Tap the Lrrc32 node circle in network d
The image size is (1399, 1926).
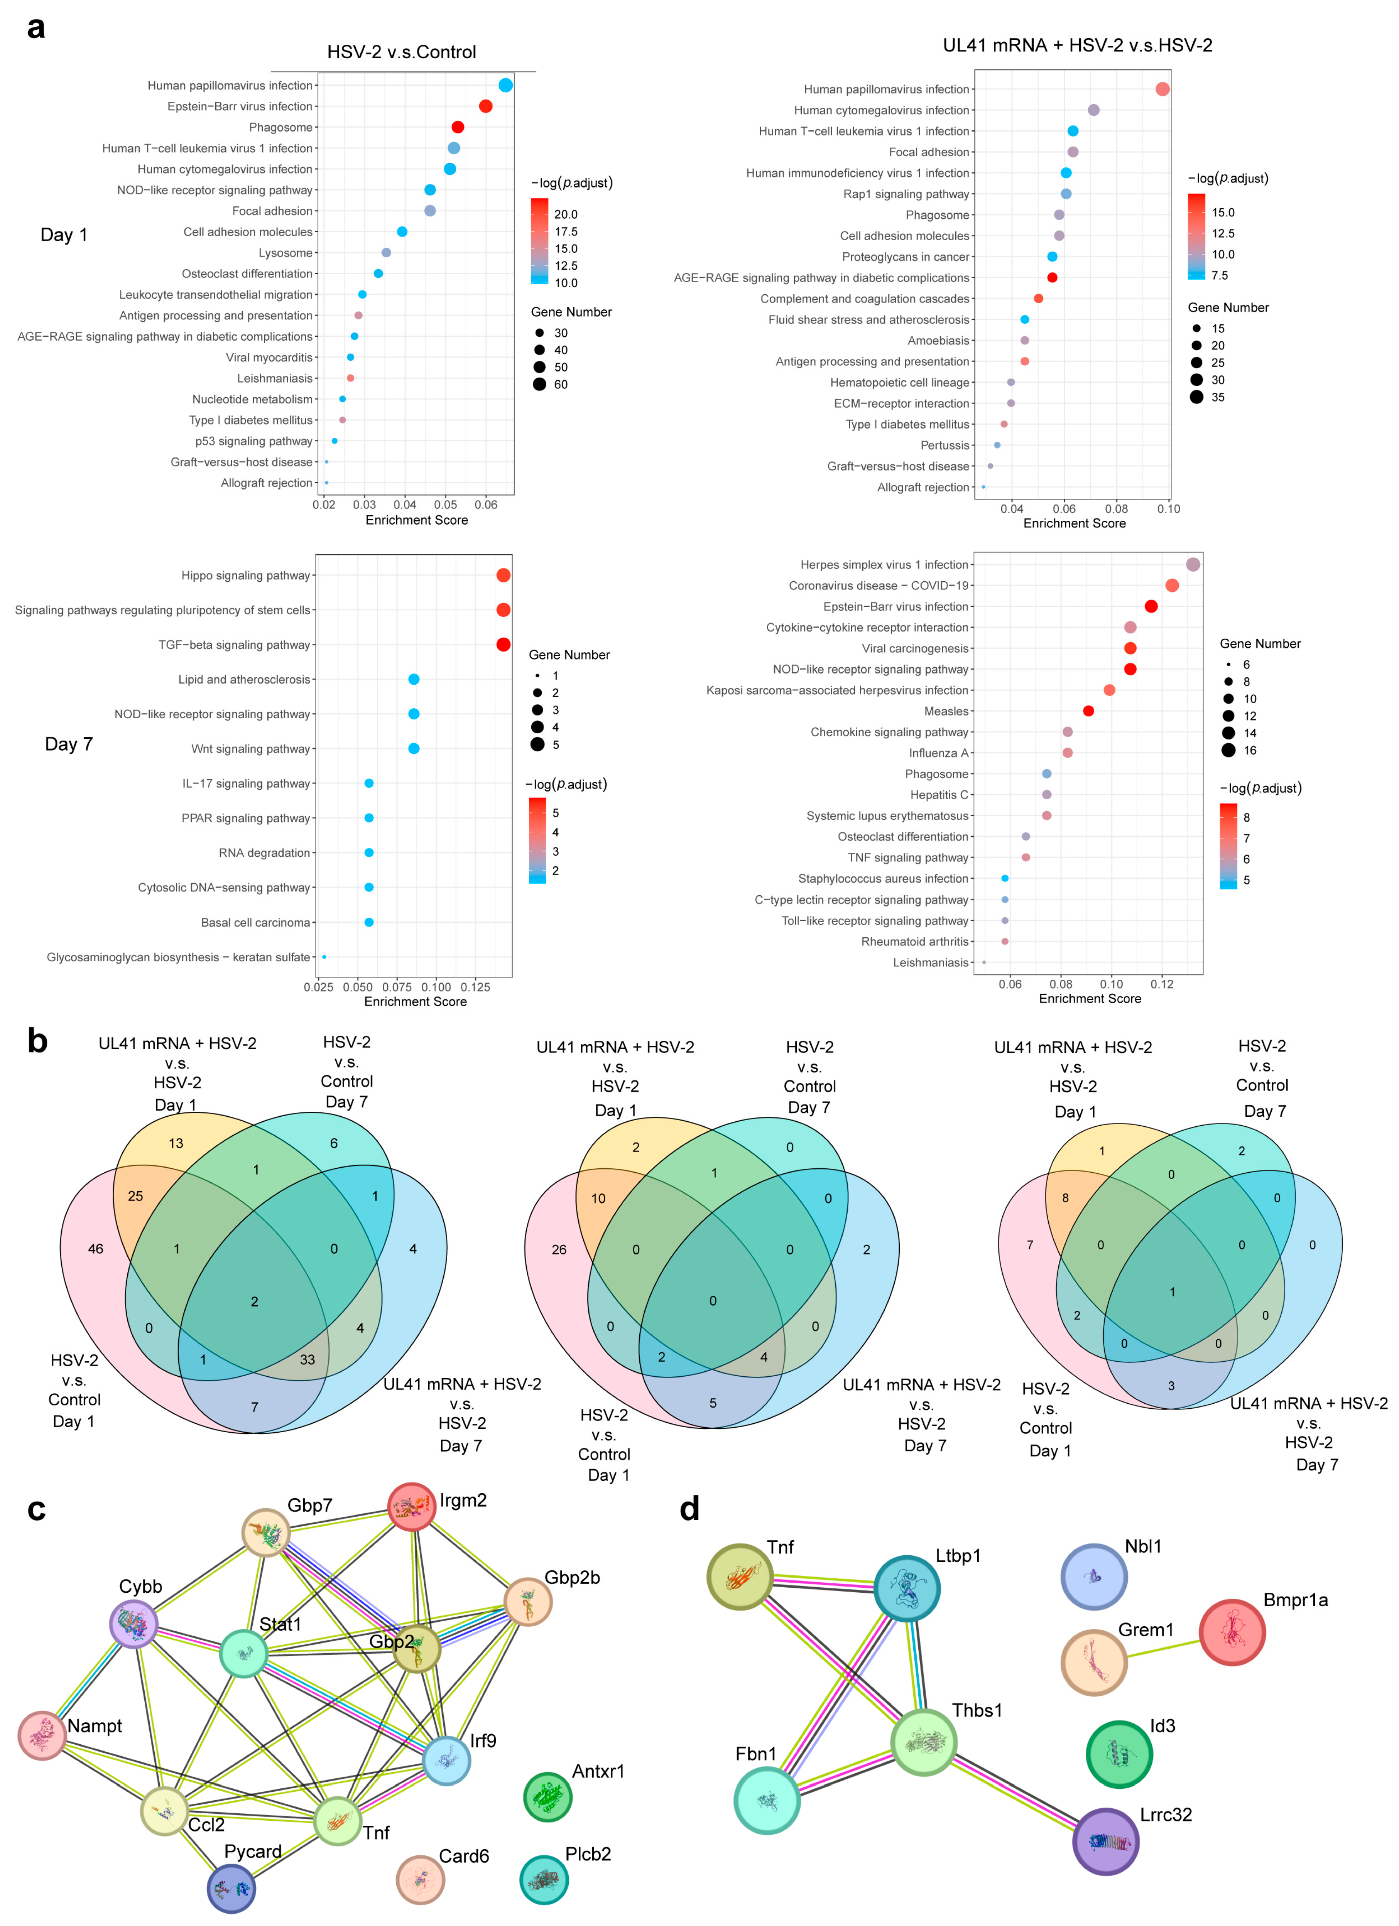(x=1105, y=1841)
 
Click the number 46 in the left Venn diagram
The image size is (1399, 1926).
(x=95, y=1248)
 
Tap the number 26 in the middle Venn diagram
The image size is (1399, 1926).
(x=559, y=1249)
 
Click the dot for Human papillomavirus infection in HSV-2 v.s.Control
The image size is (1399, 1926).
(x=505, y=85)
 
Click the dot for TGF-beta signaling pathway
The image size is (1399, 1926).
(x=503, y=645)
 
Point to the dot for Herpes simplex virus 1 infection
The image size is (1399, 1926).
(x=1193, y=565)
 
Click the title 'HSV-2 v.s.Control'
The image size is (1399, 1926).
(x=402, y=52)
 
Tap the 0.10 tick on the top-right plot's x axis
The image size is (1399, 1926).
(x=1168, y=509)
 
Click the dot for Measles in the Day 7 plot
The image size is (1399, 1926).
(x=1088, y=711)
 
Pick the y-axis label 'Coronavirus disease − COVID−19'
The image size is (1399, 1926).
(x=878, y=586)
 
